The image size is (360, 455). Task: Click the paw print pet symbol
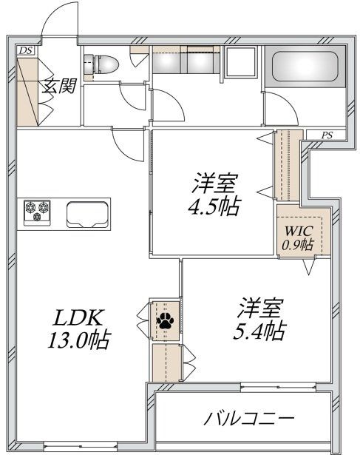[x=163, y=321]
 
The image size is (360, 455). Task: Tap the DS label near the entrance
[x=26, y=50]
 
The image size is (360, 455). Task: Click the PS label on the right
[x=327, y=134]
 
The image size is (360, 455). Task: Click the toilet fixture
[x=101, y=64]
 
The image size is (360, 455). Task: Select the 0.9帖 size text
[x=296, y=245]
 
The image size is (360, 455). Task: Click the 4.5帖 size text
[x=216, y=206]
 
